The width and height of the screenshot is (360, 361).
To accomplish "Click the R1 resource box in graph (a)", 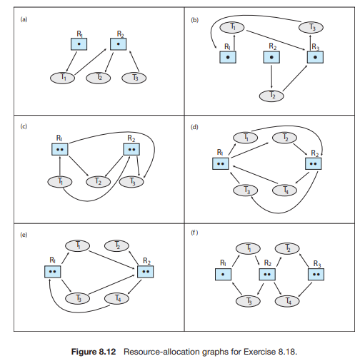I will [x=79, y=44].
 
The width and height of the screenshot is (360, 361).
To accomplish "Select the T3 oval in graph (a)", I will [x=130, y=77].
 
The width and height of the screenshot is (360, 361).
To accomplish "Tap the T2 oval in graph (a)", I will [x=100, y=77].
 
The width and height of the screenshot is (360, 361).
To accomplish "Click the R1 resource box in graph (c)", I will [x=60, y=149].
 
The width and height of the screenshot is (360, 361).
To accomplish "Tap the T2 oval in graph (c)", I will [x=98, y=182].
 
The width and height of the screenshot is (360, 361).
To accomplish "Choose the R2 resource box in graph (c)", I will [x=131, y=149].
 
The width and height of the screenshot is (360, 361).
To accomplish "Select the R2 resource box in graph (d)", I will [x=313, y=163].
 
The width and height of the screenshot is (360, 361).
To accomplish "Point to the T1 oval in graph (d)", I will [x=246, y=137].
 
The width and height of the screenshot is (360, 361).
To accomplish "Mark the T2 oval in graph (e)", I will [x=117, y=245].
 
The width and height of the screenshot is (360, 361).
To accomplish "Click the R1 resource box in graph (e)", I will [x=52, y=272].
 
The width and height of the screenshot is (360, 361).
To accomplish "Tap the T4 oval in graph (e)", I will [x=117, y=298].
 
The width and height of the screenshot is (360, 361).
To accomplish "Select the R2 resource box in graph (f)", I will [x=267, y=274].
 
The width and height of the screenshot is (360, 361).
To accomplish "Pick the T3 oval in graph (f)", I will [x=248, y=301].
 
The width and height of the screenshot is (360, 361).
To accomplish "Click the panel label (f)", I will [x=194, y=233].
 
